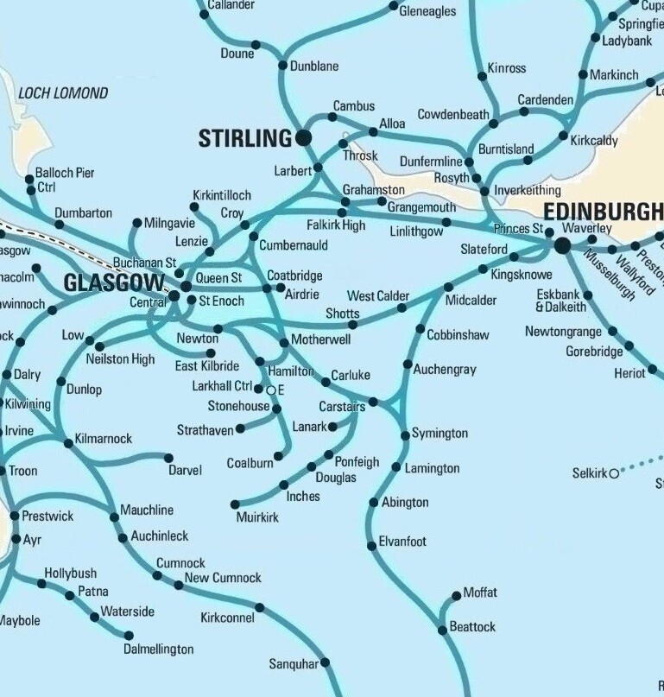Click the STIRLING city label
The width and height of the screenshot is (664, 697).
(245, 138)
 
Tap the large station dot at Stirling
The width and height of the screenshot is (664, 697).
(303, 137)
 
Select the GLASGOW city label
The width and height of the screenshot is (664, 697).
(113, 283)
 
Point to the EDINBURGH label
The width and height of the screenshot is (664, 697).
(602, 212)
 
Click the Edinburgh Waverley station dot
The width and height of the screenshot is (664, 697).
(562, 246)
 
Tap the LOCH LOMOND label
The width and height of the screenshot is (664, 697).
(63, 93)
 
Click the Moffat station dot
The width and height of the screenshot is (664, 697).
(457, 596)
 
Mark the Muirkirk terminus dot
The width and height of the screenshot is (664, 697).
(235, 504)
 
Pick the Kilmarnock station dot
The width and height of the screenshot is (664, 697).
(69, 444)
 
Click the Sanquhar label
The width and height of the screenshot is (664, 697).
(294, 664)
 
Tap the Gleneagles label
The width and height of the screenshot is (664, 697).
(427, 11)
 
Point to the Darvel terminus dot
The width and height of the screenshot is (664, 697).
(169, 458)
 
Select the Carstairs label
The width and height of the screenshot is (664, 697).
(341, 406)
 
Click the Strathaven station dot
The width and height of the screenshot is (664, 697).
(240, 428)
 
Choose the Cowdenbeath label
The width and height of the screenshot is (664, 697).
(453, 115)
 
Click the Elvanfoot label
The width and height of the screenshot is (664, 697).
(402, 542)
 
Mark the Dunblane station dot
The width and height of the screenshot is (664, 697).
(282, 66)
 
